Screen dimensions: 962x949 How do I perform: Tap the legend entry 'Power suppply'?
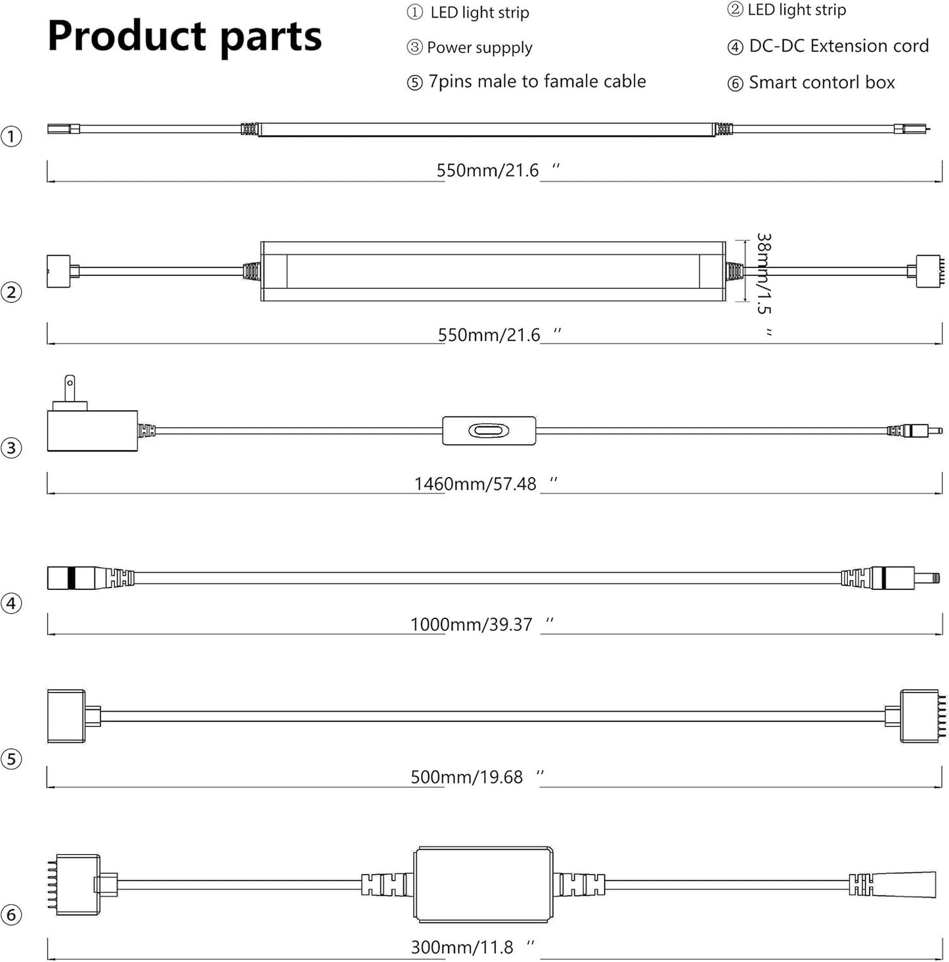coord(479,47)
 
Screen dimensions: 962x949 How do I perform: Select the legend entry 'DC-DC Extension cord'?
coord(838,46)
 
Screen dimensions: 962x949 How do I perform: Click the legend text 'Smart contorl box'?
coord(821,83)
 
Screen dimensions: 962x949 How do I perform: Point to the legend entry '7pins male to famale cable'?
coord(537,81)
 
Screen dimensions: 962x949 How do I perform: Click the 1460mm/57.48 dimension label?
coord(475,484)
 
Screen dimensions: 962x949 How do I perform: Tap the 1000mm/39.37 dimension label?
coord(471,624)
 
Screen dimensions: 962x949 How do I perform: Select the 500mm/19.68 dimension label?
coord(466,777)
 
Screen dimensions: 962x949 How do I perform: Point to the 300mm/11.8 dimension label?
coord(462,948)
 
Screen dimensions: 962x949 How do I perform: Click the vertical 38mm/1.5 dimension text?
coord(763,273)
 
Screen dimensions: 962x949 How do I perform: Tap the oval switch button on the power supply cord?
coord(489,431)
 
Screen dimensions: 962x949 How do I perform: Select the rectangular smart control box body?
coord(483,884)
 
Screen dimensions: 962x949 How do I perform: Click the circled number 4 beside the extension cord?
coord(11,603)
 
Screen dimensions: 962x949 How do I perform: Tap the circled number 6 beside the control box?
coord(11,915)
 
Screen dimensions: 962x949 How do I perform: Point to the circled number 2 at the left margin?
coord(11,292)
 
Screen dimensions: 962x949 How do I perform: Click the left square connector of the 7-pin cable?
coord(66,716)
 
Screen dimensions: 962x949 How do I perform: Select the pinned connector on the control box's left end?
coord(76,884)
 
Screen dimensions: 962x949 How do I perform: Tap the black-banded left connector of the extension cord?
coord(72,578)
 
